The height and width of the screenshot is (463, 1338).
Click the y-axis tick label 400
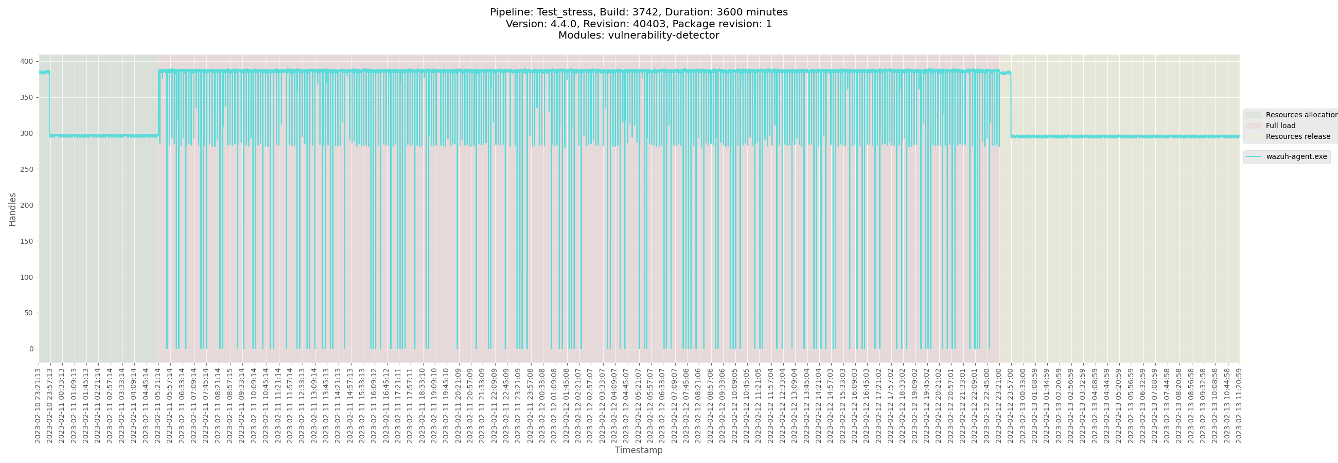[26, 62]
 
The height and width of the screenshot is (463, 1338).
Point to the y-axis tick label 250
[26, 170]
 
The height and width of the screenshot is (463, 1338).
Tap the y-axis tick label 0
[31, 349]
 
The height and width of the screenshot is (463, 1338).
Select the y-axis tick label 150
[26, 241]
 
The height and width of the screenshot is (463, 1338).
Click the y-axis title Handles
[12, 210]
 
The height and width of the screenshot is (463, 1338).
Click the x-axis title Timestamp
[638, 451]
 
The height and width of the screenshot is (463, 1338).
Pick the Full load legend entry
[1280, 126]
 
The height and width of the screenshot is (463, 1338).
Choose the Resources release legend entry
[1297, 137]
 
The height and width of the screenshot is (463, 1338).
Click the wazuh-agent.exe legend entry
[1296, 157]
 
